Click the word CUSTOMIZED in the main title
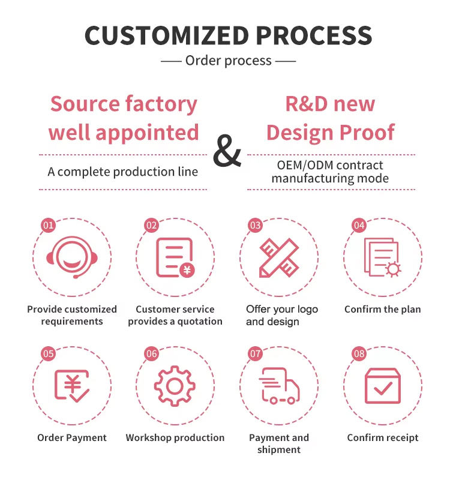click(x=167, y=35)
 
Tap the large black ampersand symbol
click(x=227, y=151)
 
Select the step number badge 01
click(x=49, y=225)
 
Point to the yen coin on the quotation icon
click(x=187, y=269)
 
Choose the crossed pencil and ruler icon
click(x=279, y=257)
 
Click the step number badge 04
click(x=359, y=225)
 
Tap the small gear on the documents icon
click(x=393, y=269)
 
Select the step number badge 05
click(x=49, y=354)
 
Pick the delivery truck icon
click(x=279, y=386)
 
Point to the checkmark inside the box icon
click(x=383, y=388)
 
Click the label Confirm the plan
click(x=383, y=310)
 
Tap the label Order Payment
click(x=72, y=438)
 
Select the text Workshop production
click(x=175, y=438)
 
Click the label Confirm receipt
click(x=383, y=438)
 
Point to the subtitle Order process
click(x=229, y=61)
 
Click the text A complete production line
click(x=122, y=172)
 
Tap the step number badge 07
click(x=255, y=354)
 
